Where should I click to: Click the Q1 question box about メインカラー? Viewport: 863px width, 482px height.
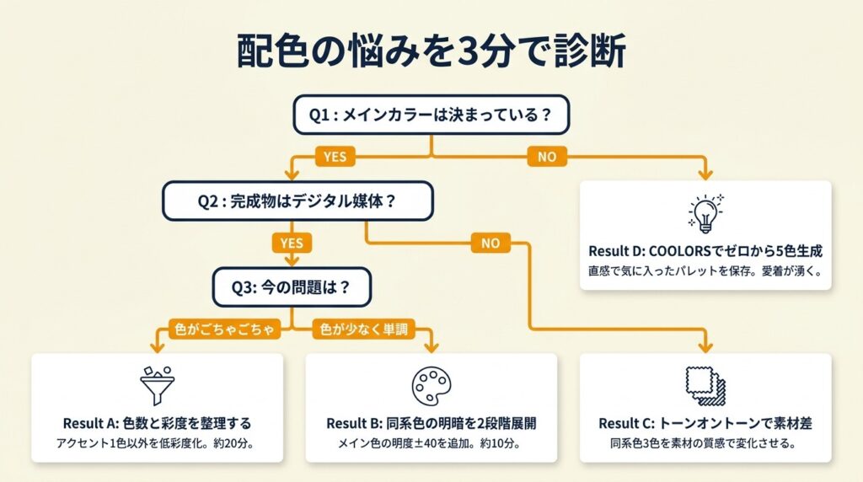431,115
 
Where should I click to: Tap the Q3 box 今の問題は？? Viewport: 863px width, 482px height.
291,287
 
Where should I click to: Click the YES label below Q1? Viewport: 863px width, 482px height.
334,156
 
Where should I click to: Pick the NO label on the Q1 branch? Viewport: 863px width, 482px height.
547,156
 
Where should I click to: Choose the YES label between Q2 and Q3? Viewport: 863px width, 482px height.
291,243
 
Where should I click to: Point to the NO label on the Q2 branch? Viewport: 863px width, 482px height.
490,243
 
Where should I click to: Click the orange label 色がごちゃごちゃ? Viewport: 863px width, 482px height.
223,329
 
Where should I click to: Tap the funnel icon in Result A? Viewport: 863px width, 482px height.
157,385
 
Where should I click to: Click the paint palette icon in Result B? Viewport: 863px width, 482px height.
431,385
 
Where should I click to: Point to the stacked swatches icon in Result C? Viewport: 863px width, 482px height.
705,385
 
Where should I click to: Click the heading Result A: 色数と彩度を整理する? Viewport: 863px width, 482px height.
157,422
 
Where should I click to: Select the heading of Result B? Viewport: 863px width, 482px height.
431,422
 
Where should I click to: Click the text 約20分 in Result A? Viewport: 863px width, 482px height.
233,443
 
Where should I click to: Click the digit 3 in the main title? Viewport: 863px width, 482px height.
458,51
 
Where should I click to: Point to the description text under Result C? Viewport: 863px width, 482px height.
705,443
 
